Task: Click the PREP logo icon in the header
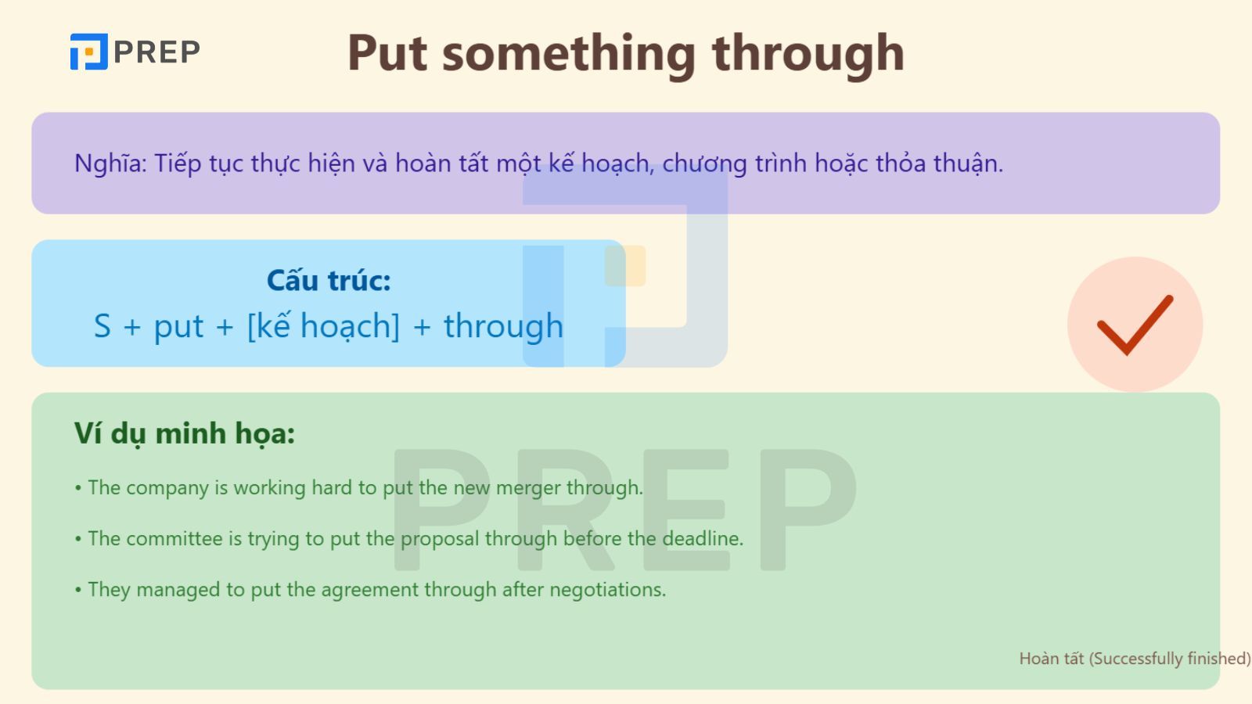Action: [x=88, y=52]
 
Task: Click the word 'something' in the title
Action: [x=568, y=53]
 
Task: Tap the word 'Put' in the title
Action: [x=387, y=53]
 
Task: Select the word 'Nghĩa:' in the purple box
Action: [x=110, y=163]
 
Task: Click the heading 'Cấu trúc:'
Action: [x=329, y=280]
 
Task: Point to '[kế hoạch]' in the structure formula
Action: [x=323, y=326]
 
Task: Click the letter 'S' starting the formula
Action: [x=103, y=326]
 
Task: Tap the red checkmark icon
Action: [x=1135, y=324]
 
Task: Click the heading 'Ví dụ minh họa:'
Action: [x=185, y=433]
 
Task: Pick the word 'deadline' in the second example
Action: [x=701, y=538]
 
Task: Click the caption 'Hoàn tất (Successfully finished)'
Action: [x=1134, y=659]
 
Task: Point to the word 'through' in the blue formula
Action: [x=503, y=326]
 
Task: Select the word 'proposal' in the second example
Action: [x=440, y=538]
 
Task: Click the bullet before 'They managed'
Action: [x=78, y=590]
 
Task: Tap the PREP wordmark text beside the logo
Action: [x=156, y=52]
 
